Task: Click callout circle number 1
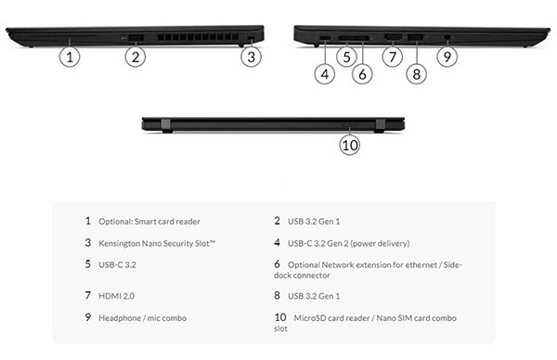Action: click(71, 56)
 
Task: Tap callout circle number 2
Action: click(136, 56)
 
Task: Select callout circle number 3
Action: click(250, 56)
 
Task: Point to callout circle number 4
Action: click(323, 73)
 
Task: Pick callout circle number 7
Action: click(392, 56)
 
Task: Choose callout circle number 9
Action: click(447, 56)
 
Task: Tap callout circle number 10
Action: click(349, 143)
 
